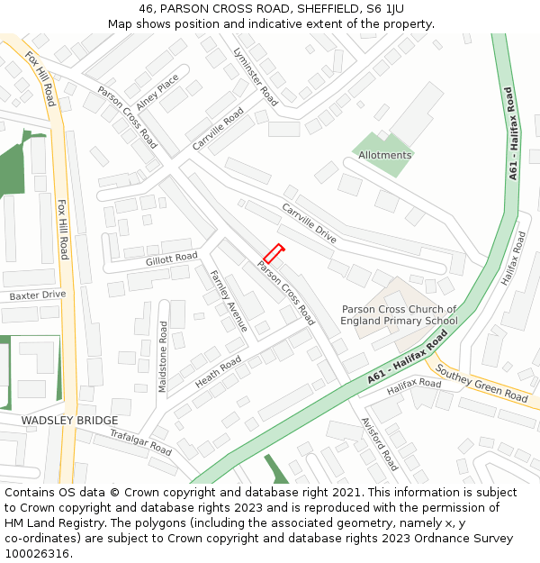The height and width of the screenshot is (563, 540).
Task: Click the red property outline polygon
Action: (x=274, y=254)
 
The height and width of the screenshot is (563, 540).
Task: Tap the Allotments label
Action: (x=384, y=155)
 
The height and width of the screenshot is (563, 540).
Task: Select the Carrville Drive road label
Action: (x=309, y=223)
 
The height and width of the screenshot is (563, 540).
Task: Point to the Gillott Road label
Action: (x=171, y=259)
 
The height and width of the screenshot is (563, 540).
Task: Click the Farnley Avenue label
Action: (x=229, y=300)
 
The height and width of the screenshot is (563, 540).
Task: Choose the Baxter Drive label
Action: (x=38, y=295)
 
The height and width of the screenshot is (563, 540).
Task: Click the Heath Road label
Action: (x=218, y=371)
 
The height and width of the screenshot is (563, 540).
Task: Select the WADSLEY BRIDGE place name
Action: (x=69, y=421)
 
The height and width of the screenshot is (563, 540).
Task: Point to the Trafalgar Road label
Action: (x=140, y=441)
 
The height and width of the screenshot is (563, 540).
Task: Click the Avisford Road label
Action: (x=379, y=444)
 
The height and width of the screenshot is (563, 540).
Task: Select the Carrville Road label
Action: (x=218, y=130)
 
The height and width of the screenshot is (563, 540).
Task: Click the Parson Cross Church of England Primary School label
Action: (x=400, y=315)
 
